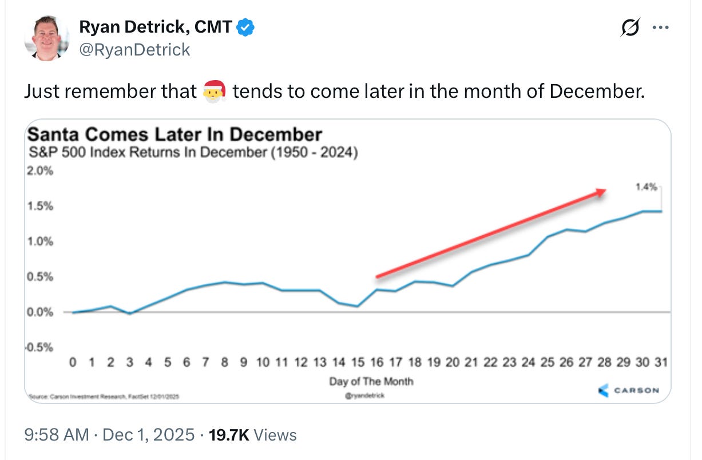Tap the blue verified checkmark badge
coord(246,26)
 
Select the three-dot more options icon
coord(660,28)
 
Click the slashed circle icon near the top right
coord(630,28)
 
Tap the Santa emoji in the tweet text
coord(215,91)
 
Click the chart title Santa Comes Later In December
coord(174,134)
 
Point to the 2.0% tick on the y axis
coord(40,171)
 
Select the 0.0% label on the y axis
coord(40,312)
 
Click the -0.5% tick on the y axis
coord(39,348)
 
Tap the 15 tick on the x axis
coord(357,362)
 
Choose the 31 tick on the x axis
coord(661,362)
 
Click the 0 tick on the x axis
coord(72,362)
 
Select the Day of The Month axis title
coord(371,381)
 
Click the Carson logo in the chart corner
coord(628,390)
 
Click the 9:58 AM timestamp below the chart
coord(57,435)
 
